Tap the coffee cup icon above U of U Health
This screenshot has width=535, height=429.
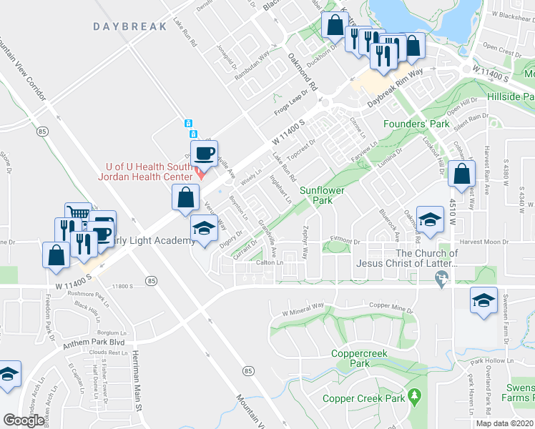tap(205, 153)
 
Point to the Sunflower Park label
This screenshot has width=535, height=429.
tap(322, 195)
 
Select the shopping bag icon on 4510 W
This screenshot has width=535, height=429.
tap(462, 174)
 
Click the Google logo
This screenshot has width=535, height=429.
tap(24, 420)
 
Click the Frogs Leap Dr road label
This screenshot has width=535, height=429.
tap(294, 103)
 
